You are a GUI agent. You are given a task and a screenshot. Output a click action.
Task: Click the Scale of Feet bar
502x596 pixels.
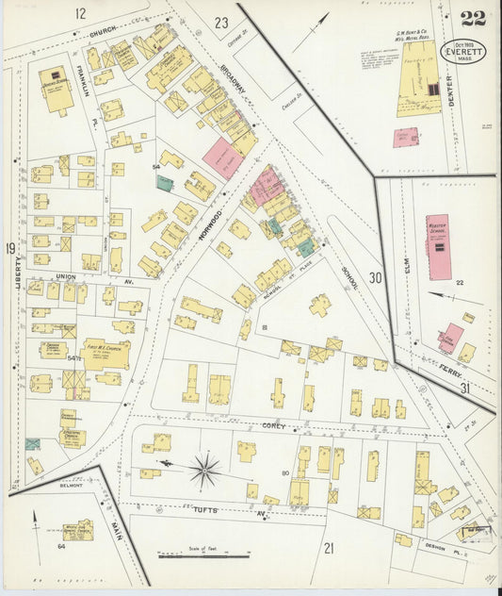(x=203, y=555)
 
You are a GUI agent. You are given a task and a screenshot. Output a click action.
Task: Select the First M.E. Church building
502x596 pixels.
(x=105, y=353)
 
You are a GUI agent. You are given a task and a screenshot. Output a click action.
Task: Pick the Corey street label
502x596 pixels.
(x=274, y=426)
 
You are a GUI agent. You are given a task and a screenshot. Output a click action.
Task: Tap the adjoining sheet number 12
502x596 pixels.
(x=80, y=12)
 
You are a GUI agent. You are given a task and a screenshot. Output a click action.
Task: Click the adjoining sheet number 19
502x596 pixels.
(x=9, y=248)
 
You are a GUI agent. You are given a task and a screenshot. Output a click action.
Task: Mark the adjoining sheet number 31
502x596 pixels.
(x=464, y=388)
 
